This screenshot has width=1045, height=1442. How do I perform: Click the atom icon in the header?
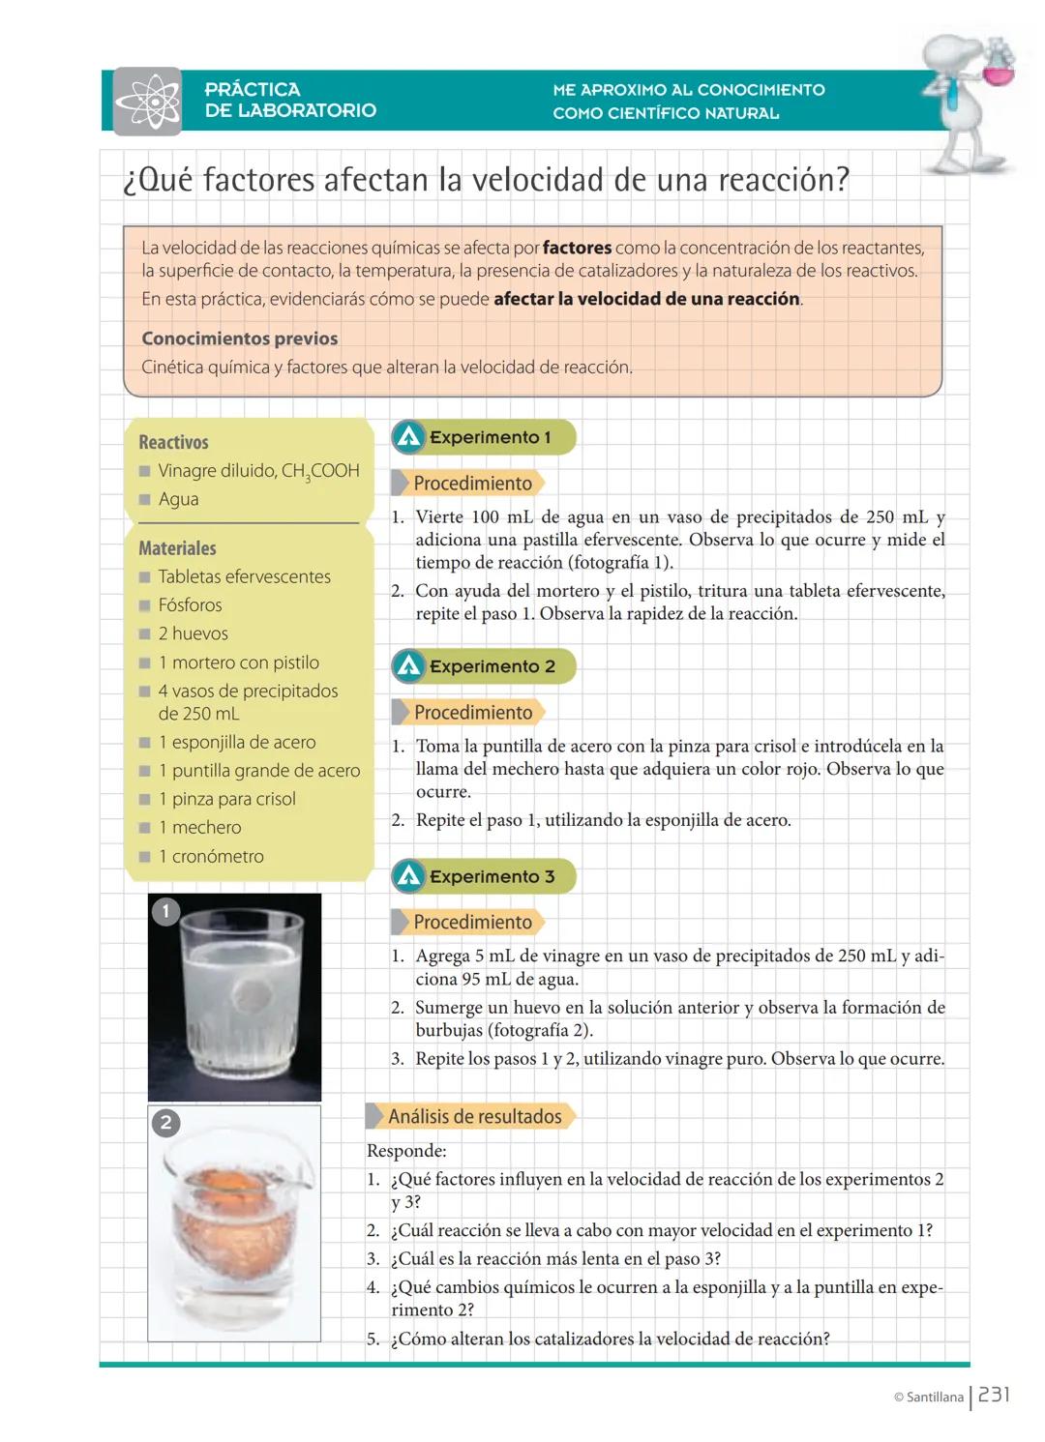click(x=148, y=101)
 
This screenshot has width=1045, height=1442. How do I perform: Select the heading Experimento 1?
click(x=490, y=437)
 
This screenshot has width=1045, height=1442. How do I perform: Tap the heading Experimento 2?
click(x=492, y=666)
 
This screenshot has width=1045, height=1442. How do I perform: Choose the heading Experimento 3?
click(x=492, y=876)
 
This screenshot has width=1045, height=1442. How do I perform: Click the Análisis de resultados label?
click(x=474, y=1116)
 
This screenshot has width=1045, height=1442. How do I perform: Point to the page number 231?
click(x=994, y=1395)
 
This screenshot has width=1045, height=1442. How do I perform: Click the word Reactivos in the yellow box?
click(x=173, y=442)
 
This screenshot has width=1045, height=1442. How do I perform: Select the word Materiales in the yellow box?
click(x=177, y=548)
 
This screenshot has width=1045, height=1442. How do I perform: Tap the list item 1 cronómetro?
click(x=210, y=856)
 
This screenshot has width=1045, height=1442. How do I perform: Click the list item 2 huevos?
click(x=193, y=633)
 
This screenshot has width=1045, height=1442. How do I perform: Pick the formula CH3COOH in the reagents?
click(x=320, y=471)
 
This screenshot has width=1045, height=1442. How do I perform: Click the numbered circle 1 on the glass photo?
click(x=165, y=911)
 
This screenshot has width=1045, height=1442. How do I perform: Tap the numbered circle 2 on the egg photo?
click(x=165, y=1122)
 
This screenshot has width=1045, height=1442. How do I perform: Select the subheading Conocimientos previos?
click(x=239, y=338)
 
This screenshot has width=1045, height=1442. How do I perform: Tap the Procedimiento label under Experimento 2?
click(x=472, y=713)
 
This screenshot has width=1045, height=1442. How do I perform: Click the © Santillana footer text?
click(x=928, y=1397)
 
